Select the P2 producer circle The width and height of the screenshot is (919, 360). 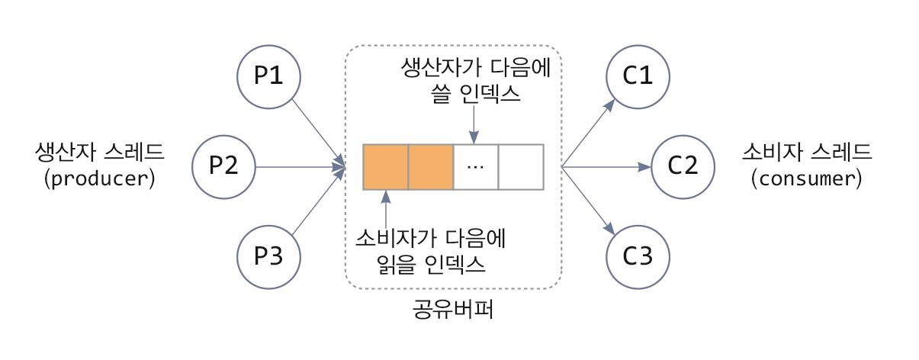[224, 166]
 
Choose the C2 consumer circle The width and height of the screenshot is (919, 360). [683, 166]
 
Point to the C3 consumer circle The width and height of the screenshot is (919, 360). [638, 256]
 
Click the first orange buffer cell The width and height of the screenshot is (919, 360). [386, 167]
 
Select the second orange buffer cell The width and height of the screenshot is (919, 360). [431, 167]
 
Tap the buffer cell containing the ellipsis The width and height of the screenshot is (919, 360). [476, 167]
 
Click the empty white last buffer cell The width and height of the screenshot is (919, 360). [521, 167]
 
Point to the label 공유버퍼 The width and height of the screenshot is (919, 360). [454, 311]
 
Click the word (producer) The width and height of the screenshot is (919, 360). [100, 180]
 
